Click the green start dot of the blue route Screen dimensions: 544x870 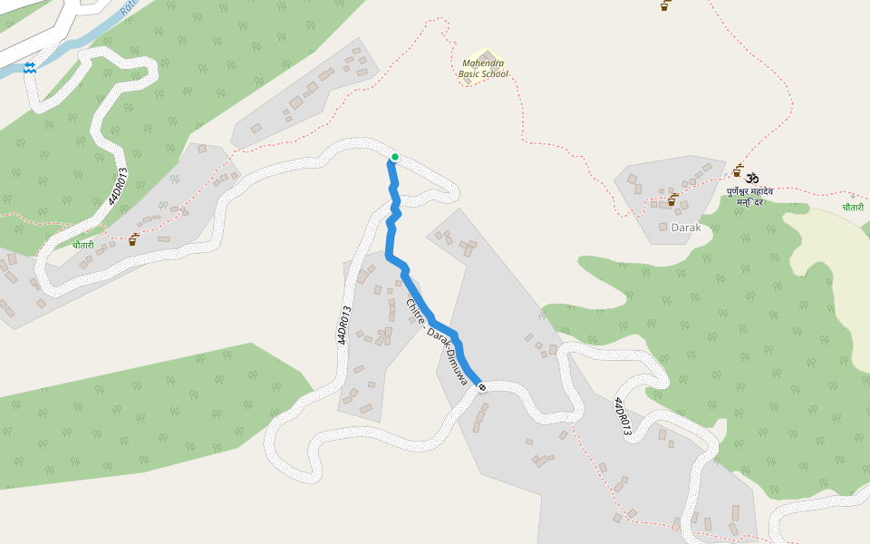394,157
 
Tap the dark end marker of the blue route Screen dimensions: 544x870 481,387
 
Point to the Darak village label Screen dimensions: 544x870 686,228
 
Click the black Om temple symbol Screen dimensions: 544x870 752,177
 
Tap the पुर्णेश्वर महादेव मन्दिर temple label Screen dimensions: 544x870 749,197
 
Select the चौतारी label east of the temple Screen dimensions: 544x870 852,208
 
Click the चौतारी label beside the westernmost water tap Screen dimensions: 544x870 83,245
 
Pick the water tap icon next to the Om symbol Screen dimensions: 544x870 738,170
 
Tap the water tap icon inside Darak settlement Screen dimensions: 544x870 672,199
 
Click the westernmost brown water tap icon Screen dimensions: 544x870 133,239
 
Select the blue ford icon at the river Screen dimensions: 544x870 30,68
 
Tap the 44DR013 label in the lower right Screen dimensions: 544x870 621,417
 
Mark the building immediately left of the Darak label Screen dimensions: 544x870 663,227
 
